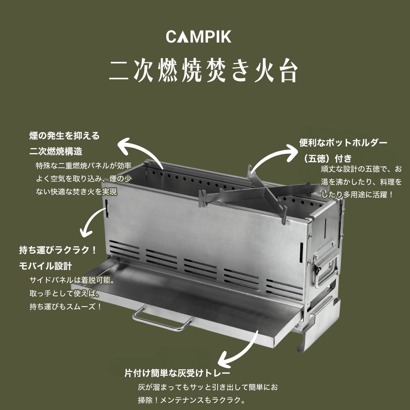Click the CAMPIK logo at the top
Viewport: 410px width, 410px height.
pos(199,36)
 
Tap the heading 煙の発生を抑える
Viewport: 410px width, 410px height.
pos(64,136)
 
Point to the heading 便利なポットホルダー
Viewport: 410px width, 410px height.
pos(343,142)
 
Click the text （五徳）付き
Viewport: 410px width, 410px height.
pos(325,158)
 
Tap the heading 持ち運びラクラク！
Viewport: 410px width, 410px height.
pos(58,251)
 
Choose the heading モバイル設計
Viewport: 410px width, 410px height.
pos(46,266)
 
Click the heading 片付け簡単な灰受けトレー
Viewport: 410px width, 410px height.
pos(177,373)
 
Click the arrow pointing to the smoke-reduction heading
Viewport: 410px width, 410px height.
pos(140,150)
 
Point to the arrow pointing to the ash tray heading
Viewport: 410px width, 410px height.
pos(240,349)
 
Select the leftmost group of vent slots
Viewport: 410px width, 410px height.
pos(124,250)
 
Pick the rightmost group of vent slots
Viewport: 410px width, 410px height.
pos(284,286)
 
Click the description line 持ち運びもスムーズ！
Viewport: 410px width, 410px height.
pos(66,307)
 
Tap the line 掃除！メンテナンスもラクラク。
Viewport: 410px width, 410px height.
pos(192,400)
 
